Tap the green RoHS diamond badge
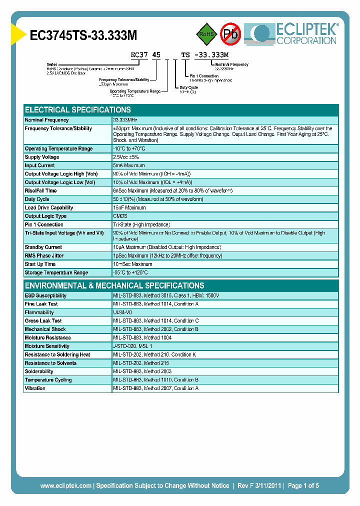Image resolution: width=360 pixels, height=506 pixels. (x=206, y=34)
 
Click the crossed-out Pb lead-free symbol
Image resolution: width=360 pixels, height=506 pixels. (x=231, y=34)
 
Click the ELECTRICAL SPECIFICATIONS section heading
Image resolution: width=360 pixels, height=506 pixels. (x=78, y=110)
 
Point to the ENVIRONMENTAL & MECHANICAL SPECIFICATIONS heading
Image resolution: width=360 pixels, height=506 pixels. (x=114, y=285)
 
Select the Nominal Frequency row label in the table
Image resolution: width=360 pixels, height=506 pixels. (x=47, y=120)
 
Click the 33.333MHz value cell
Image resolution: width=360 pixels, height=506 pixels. (x=125, y=120)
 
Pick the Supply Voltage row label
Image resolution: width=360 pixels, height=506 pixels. (x=42, y=157)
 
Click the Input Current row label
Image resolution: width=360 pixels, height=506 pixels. (x=40, y=165)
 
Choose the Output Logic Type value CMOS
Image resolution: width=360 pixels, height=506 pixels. (x=120, y=216)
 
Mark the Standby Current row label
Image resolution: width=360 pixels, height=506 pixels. (x=43, y=247)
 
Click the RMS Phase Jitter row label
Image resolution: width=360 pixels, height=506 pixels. (x=45, y=255)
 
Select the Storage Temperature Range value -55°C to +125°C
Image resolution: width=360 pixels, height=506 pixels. (x=130, y=272)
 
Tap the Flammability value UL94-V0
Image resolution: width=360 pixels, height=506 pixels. (x=122, y=312)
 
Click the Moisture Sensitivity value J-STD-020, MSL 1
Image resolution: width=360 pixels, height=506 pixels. (x=132, y=346)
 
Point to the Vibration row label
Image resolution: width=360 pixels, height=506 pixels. (x=35, y=388)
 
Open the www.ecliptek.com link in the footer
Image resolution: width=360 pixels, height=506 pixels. (x=65, y=485)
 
